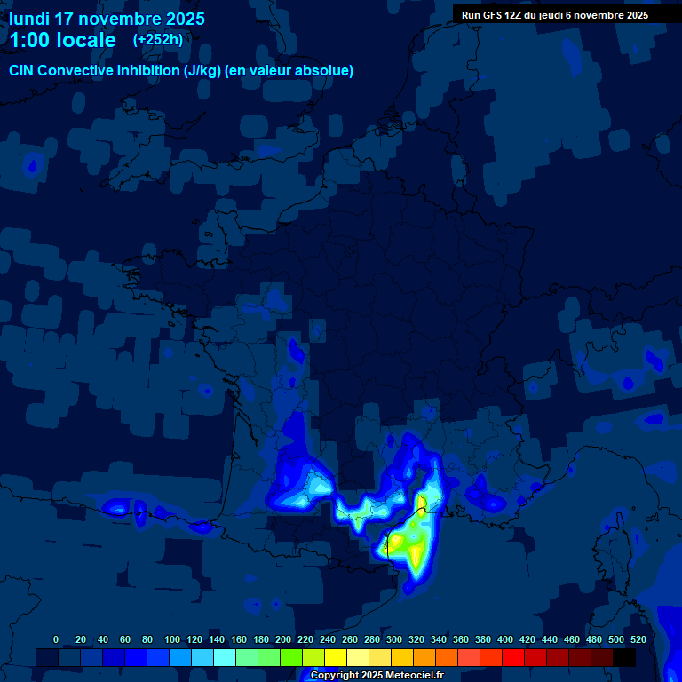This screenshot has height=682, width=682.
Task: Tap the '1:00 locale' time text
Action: pyautogui.click(x=62, y=40)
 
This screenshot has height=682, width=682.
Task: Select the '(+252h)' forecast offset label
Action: pyautogui.click(x=158, y=39)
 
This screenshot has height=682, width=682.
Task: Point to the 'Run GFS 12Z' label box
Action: pyautogui.click(x=554, y=14)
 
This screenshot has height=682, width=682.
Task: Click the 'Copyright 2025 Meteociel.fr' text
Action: pyautogui.click(x=376, y=676)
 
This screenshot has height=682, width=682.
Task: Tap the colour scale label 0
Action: pyautogui.click(x=56, y=639)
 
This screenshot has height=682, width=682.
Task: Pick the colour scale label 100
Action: pyautogui.click(x=172, y=639)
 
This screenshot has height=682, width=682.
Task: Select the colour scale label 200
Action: pyautogui.click(x=283, y=639)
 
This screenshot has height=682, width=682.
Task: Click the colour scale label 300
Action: pyautogui.click(x=394, y=639)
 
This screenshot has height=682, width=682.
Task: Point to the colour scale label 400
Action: pyautogui.click(x=505, y=639)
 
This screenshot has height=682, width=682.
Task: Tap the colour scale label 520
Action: pyautogui.click(x=638, y=639)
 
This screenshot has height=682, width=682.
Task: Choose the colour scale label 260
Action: pyautogui.click(x=350, y=639)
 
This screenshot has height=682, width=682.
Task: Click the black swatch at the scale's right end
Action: pyautogui.click(x=624, y=657)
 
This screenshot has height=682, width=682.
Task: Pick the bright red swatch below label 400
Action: pyautogui.click(x=512, y=657)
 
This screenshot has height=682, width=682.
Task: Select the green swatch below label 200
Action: pyautogui.click(x=290, y=657)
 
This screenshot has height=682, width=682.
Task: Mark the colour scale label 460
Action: pyautogui.click(x=572, y=639)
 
